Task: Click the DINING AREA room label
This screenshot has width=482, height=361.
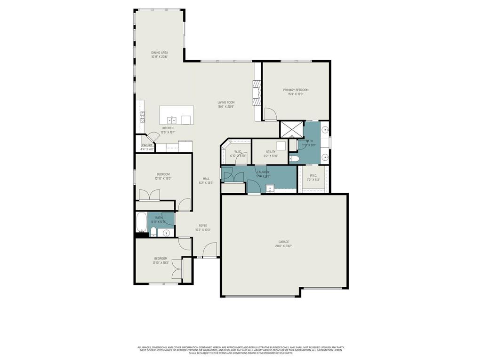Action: [160, 53]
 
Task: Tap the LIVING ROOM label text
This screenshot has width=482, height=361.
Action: [226, 102]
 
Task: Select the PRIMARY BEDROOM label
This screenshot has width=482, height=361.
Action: [296, 90]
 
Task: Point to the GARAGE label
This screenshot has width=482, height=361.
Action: [283, 242]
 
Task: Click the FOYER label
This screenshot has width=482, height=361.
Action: [202, 226]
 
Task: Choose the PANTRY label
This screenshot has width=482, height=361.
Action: [147, 145]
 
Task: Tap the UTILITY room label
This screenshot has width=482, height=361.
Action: [271, 152]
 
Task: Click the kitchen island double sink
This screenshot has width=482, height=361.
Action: [172, 119]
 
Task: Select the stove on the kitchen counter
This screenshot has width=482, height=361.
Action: [142, 117]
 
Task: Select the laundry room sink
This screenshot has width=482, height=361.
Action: [270, 189]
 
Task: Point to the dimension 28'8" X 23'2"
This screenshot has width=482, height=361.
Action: [283, 246]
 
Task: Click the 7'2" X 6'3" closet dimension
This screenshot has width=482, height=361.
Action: [313, 180]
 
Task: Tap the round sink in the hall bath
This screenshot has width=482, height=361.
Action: [166, 233]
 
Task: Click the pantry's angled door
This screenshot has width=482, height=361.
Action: [153, 136]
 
